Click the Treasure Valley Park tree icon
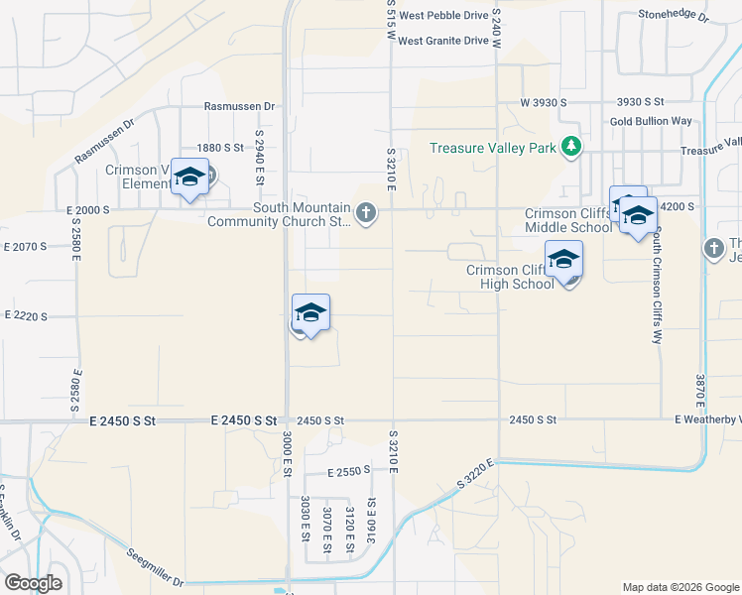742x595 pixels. click(570, 148)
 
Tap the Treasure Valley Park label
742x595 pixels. click(492, 149)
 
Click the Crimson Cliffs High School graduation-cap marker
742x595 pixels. click(563, 260)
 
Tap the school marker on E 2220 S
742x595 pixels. click(310, 313)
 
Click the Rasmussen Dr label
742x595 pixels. click(238, 106)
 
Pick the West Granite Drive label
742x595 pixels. click(444, 41)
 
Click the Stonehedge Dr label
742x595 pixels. click(675, 16)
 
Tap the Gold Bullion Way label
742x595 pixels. click(651, 121)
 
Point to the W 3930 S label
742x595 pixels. click(543, 102)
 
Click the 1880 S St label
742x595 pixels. click(219, 147)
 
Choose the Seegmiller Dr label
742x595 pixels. click(156, 566)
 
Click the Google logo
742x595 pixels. click(34, 582)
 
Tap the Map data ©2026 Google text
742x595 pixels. click(680, 587)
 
